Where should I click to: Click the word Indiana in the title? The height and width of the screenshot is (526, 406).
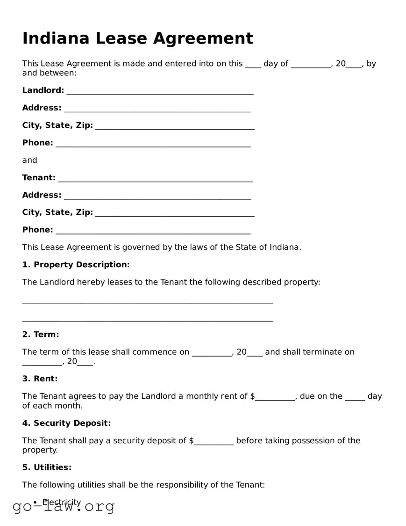coord(56,38)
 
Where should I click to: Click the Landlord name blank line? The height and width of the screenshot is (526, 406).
coord(160,91)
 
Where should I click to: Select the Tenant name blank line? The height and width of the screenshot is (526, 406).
coord(156,179)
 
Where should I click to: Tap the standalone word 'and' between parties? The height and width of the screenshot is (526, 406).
coord(29,160)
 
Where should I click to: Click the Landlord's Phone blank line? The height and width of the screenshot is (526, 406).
coord(153,144)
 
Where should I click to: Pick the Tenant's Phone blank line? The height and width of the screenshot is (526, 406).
coord(153,231)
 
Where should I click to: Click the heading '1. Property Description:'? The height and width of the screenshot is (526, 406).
coord(76,265)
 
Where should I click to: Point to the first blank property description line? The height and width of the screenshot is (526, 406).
coord(147,302)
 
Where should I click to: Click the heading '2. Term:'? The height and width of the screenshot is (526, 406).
coord(41,335)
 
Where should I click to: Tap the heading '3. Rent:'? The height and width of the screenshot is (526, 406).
coord(40,379)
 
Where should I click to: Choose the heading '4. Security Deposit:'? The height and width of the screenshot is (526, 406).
coord(66,423)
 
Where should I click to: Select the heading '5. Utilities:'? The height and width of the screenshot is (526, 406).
coord(47,467)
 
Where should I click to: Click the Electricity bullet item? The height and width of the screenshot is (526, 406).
coord(62,502)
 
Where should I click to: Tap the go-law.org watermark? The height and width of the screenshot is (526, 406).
coord(64,506)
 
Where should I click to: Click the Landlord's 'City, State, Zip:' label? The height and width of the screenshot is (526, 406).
coord(57,125)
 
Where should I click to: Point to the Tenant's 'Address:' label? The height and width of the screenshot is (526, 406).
coord(42,195)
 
